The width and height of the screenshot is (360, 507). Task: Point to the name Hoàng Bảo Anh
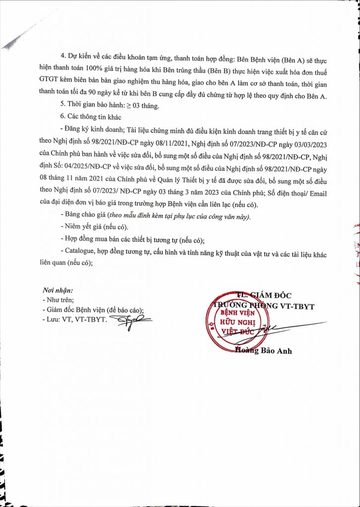[263, 351]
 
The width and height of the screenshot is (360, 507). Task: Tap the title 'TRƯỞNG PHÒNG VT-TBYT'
[262, 306]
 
